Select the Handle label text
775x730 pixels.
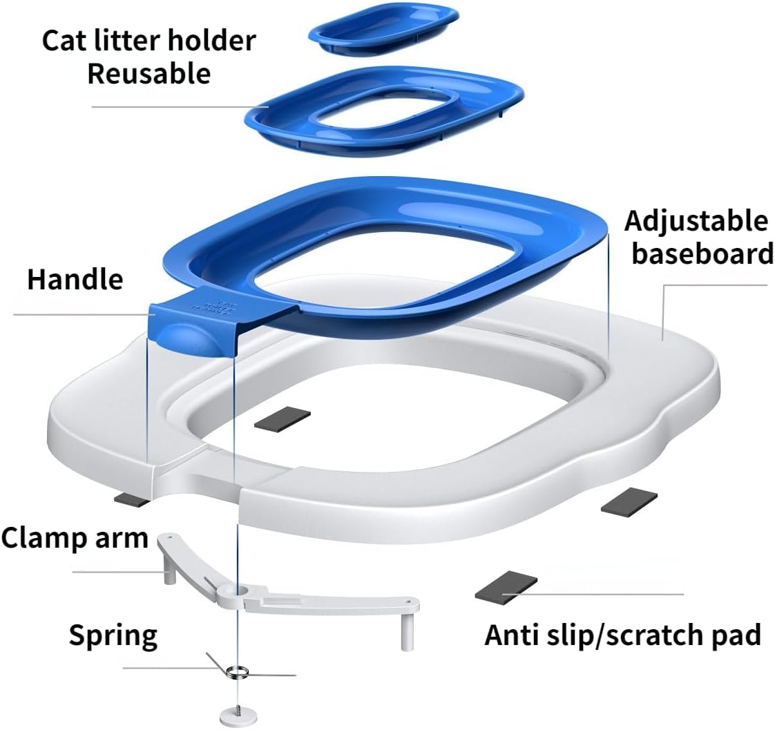point(75,280)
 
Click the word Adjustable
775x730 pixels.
point(696,222)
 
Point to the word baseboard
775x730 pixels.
point(703,253)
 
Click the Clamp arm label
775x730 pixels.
point(75,538)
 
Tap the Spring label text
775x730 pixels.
point(113,636)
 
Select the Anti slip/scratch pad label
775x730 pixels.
point(623,635)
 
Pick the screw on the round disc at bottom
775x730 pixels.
point(237,709)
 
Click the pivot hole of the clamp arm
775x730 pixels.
point(242,590)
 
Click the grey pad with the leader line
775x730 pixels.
point(506,586)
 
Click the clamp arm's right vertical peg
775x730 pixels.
point(408,632)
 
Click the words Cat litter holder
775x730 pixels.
point(149,40)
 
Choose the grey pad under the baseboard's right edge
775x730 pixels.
point(629,500)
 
